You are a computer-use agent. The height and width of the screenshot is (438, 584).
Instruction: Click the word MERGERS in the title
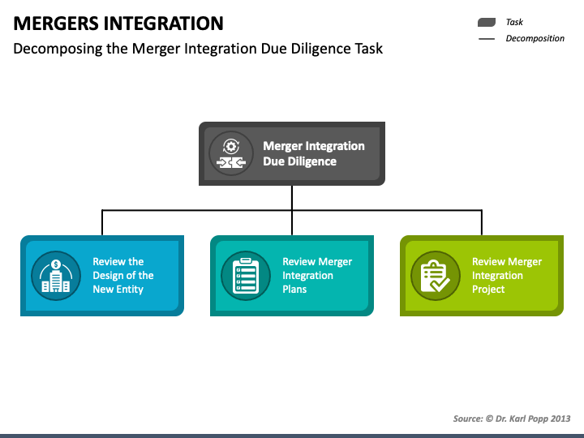tap(55, 23)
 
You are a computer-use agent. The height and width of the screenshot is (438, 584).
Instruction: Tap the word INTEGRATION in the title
tap(163, 23)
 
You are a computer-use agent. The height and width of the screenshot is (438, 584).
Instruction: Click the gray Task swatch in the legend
tap(487, 23)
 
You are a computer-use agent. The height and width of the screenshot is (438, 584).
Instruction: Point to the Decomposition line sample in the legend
tap(487, 39)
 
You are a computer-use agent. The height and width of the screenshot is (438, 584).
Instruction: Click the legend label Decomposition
tap(535, 38)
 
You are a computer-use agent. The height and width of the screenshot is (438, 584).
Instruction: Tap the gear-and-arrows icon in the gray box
tap(231, 153)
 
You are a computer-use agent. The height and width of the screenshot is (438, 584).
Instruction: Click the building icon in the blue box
tap(56, 276)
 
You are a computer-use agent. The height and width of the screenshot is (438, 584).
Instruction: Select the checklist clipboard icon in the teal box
tap(246, 276)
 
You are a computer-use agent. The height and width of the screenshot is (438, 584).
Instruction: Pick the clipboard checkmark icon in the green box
tap(436, 276)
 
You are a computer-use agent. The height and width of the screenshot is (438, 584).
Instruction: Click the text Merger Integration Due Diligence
tap(314, 153)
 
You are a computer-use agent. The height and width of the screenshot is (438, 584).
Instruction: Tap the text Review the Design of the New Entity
tap(123, 275)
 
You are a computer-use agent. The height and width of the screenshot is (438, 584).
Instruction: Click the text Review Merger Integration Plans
tap(317, 275)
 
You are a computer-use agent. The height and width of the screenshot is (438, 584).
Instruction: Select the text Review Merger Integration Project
tap(506, 275)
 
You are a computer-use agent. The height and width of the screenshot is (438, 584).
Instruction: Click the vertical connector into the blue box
tap(102, 223)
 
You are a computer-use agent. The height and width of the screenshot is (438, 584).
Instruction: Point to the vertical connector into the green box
tap(482, 223)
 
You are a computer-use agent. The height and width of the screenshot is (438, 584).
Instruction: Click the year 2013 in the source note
tap(560, 419)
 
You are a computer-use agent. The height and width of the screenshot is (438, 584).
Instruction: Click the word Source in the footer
tap(468, 419)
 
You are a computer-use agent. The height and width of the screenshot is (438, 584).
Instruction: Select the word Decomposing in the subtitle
tap(58, 49)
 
